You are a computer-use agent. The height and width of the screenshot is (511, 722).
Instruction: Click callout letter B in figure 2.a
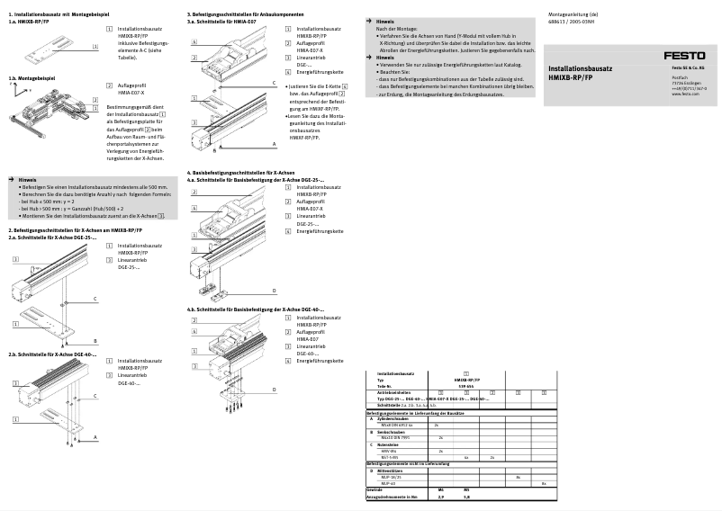(x=95, y=341)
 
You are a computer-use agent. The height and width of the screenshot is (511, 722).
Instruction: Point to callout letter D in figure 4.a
(x=274, y=291)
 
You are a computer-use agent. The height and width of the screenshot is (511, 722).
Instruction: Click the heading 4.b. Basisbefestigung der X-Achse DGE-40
(x=255, y=309)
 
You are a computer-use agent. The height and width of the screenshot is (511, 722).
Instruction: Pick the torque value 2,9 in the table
(x=439, y=496)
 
